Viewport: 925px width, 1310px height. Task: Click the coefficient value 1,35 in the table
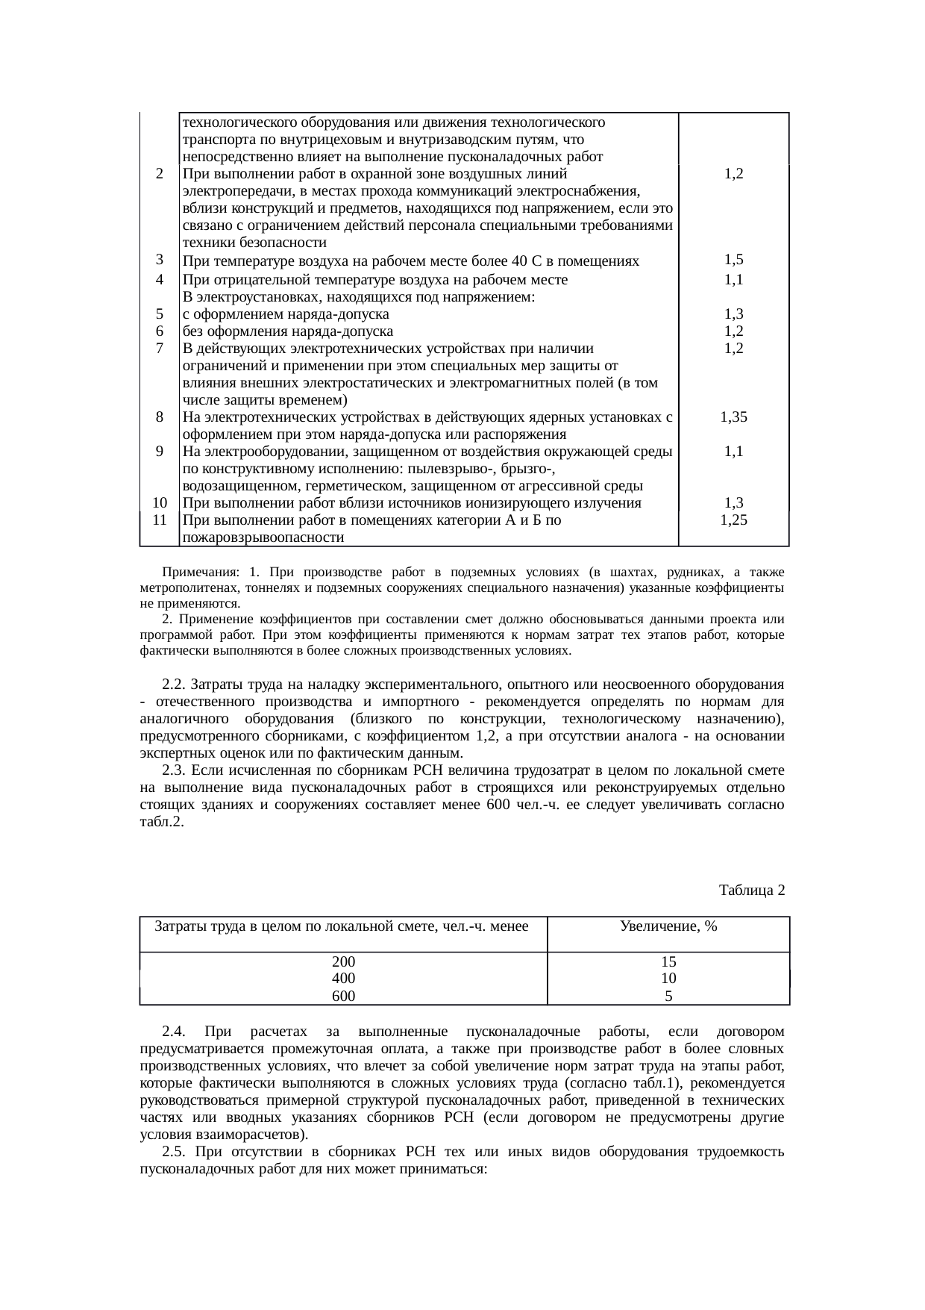[734, 417]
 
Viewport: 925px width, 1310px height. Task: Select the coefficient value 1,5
[734, 260]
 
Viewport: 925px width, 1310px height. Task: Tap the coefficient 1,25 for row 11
[734, 520]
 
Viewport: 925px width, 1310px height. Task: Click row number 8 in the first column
[160, 417]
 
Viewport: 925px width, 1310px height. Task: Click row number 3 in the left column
[160, 259]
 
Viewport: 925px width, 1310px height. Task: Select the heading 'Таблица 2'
[751, 891]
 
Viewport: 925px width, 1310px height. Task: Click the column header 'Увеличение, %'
[668, 926]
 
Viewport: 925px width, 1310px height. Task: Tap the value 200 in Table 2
[343, 961]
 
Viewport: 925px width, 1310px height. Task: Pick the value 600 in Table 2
[343, 996]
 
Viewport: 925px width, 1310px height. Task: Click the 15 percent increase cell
[668, 961]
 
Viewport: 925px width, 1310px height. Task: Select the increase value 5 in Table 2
[668, 996]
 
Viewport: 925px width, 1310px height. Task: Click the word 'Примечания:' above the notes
[200, 573]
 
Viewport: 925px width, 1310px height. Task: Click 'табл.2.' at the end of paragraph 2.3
[162, 822]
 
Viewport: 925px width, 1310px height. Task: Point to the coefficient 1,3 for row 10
[734, 503]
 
